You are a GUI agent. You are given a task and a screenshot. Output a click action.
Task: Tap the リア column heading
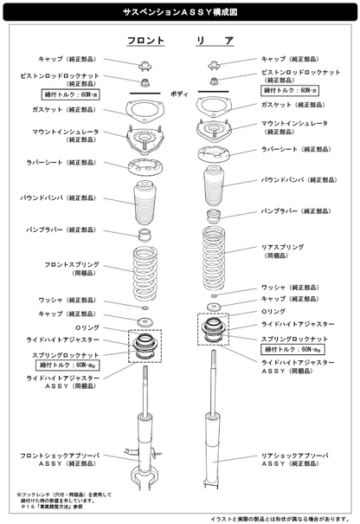point(214,41)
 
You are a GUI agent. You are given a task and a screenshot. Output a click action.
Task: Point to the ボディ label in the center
point(179,92)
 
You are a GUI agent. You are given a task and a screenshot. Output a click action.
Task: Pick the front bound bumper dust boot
point(145,204)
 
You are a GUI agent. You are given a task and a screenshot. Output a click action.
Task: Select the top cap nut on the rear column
point(213,64)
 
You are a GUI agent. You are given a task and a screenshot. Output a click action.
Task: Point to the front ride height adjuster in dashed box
point(145,346)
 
